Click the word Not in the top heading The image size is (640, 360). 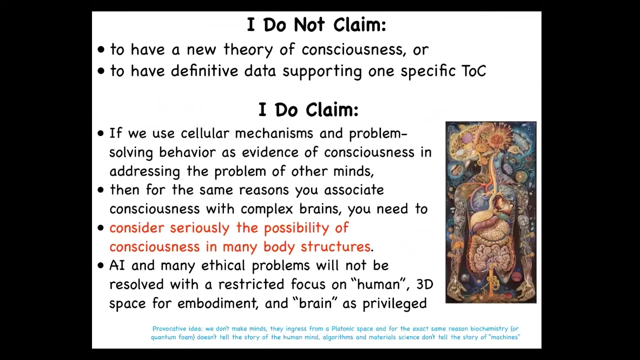point(309,25)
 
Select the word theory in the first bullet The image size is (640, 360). point(248,49)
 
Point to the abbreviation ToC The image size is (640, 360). point(473,71)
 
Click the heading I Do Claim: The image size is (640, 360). point(308,110)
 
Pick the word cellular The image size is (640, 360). point(205,133)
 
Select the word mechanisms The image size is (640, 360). point(274,133)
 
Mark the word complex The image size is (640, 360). point(266,209)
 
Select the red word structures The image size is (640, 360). point(335,246)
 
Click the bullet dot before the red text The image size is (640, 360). point(100,228)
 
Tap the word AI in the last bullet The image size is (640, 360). point(117,265)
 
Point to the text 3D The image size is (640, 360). point(424,284)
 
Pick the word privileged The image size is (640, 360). point(394,304)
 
